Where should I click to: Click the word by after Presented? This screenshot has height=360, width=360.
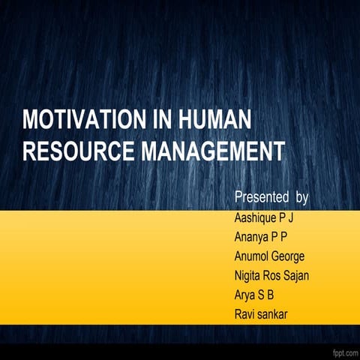(302, 198)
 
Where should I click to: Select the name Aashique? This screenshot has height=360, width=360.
(257, 218)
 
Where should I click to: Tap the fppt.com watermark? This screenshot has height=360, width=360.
(343, 352)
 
